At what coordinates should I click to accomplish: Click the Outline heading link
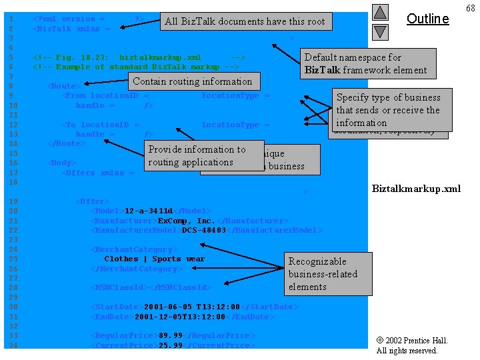pos(427,19)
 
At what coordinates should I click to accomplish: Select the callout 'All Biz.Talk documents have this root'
pos(245,21)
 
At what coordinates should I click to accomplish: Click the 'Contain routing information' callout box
pos(193,81)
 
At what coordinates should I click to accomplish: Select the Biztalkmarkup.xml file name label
pos(415,189)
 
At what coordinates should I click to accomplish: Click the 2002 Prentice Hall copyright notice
pos(411,345)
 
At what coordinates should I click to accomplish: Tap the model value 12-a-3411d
pos(149,211)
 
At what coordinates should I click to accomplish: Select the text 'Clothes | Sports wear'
pos(154,259)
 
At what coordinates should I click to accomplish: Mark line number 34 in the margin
pos(11,345)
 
